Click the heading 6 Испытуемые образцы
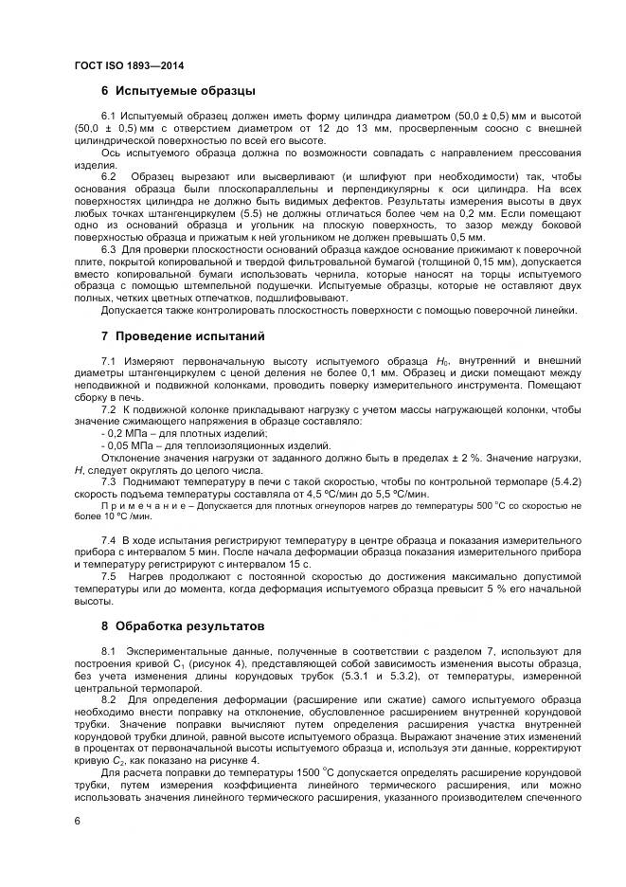click(x=178, y=92)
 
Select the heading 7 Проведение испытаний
click(x=183, y=336)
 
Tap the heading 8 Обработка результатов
click(x=188, y=626)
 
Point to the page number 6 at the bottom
click(x=76, y=820)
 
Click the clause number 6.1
click(x=109, y=116)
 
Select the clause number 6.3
click(x=109, y=249)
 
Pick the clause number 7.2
click(x=109, y=408)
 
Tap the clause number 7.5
click(x=109, y=576)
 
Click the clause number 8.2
click(x=109, y=698)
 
